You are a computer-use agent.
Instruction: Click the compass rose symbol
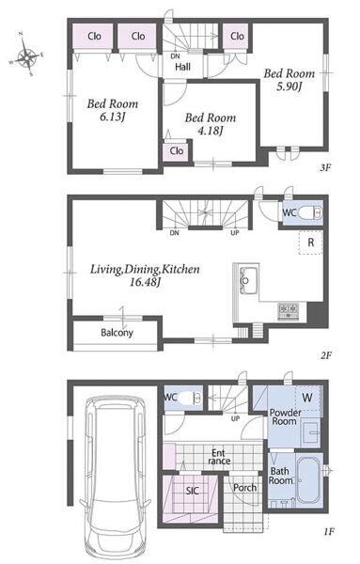(26, 55)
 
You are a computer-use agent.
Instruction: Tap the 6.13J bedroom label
(113, 110)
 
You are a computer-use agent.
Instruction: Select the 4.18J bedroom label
(211, 124)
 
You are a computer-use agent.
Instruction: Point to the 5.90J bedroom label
(290, 80)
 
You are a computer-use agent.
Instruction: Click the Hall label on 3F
(182, 67)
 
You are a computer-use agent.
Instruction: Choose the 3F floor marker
(325, 167)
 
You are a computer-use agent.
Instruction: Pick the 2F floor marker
(326, 355)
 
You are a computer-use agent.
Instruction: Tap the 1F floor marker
(327, 531)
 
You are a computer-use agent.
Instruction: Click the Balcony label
(117, 333)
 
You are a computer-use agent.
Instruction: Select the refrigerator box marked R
(311, 243)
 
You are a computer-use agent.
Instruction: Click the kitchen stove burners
(288, 311)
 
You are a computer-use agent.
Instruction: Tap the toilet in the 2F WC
(309, 213)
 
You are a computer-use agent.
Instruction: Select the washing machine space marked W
(308, 398)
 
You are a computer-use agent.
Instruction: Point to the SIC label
(192, 491)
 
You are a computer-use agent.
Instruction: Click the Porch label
(245, 488)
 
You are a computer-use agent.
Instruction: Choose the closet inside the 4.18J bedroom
(176, 151)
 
